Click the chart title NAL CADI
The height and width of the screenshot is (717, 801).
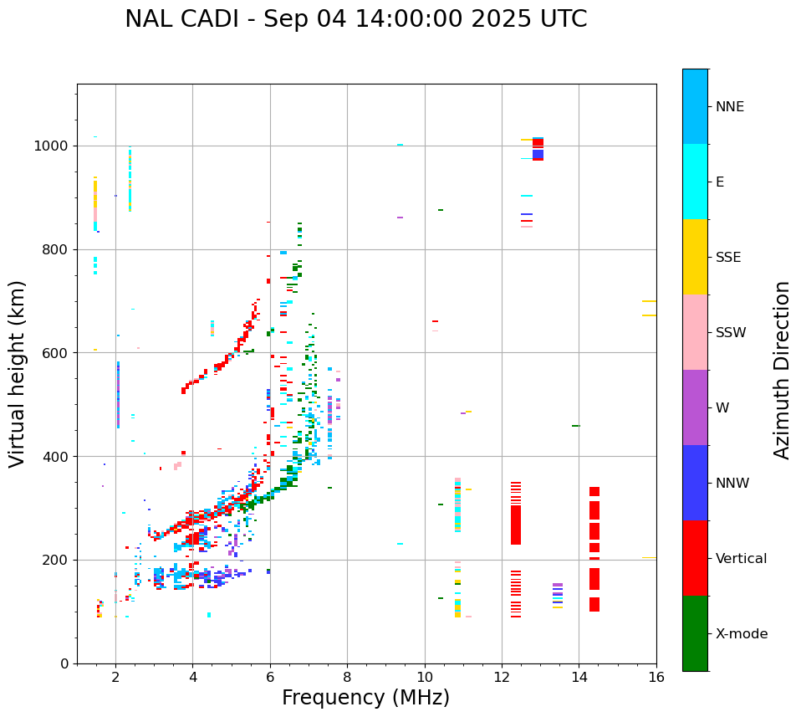pyautogui.click(x=355, y=19)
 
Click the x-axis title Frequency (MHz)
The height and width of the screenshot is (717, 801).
pyautogui.click(x=365, y=698)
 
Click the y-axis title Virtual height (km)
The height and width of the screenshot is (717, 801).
pyautogui.click(x=18, y=373)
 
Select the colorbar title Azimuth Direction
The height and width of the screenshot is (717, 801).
pyautogui.click(x=782, y=369)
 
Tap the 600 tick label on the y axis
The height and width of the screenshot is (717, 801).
pyautogui.click(x=55, y=353)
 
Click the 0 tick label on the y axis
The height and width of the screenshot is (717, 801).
pyautogui.click(x=64, y=663)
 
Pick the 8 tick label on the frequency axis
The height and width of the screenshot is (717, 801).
pyautogui.click(x=347, y=677)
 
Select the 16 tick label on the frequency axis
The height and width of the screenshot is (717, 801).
pyautogui.click(x=656, y=677)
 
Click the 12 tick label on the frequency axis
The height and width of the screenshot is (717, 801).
pyautogui.click(x=502, y=677)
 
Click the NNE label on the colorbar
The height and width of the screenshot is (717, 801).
pyautogui.click(x=729, y=107)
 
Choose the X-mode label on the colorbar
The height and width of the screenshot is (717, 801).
pyautogui.click(x=741, y=634)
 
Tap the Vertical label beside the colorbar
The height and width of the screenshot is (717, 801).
pyautogui.click(x=741, y=559)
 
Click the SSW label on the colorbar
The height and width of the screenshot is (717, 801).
pyautogui.click(x=731, y=333)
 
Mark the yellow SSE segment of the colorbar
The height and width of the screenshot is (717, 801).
pyautogui.click(x=695, y=257)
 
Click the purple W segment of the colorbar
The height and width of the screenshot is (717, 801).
pyautogui.click(x=695, y=407)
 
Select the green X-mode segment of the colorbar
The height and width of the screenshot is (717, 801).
pyautogui.click(x=695, y=633)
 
